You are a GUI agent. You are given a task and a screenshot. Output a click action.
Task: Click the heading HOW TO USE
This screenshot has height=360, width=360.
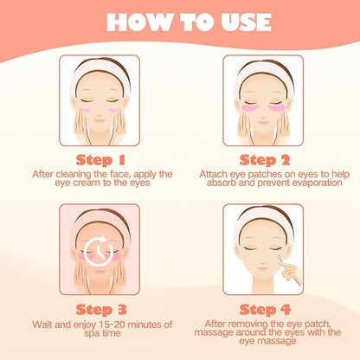pyautogui.click(x=180, y=22)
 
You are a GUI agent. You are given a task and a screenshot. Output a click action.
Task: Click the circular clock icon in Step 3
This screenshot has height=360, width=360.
pyautogui.click(x=98, y=251)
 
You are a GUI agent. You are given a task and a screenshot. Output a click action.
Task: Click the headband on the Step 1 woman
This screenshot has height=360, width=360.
pyautogui.click(x=98, y=69)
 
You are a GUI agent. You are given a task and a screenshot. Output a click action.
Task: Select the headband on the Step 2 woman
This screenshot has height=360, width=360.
pyautogui.click(x=265, y=69)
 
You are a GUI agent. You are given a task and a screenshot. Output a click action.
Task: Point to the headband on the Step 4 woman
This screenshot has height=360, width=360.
pyautogui.click(x=265, y=220)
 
